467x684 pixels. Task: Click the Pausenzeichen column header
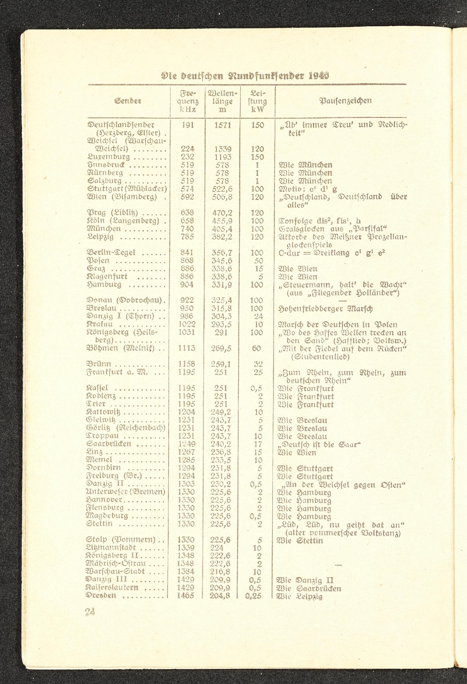click(x=346, y=101)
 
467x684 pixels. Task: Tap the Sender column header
click(x=128, y=101)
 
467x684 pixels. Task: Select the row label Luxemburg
click(x=109, y=157)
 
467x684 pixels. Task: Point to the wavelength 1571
click(x=222, y=125)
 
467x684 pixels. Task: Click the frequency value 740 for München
click(x=187, y=229)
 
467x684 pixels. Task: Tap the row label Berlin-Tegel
click(x=111, y=253)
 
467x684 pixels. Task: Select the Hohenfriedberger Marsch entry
click(x=325, y=309)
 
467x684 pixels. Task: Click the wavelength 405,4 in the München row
click(x=222, y=229)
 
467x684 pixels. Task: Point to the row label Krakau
click(x=100, y=324)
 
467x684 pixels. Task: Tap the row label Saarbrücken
click(x=109, y=444)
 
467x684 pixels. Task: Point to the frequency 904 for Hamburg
click(x=187, y=284)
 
